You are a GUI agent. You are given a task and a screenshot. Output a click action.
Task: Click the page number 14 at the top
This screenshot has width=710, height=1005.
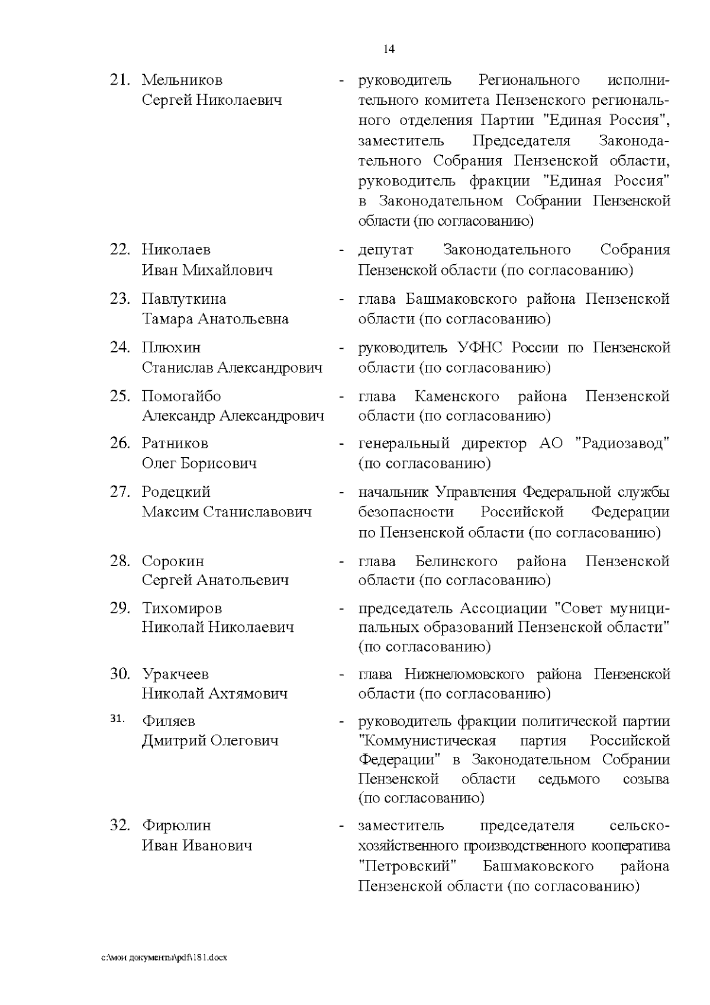coord(389,49)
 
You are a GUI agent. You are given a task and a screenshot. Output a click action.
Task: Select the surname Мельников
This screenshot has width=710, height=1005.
coord(182,80)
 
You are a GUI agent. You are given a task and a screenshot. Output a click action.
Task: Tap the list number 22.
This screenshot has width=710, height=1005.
coord(120,250)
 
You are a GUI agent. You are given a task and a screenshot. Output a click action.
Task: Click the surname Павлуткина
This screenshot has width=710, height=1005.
coord(183,299)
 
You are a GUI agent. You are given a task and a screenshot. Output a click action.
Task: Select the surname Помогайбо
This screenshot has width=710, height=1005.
coord(181,396)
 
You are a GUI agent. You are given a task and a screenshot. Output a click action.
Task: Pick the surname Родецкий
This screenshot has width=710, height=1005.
coord(176,492)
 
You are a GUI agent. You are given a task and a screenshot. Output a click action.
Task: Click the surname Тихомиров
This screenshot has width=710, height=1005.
coord(182,608)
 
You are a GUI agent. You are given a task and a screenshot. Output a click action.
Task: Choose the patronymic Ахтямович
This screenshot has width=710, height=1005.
coord(248,693)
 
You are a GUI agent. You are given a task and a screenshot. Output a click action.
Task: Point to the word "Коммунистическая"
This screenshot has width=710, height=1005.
coord(427,741)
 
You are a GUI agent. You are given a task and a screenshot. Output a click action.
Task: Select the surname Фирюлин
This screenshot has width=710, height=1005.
coord(176,826)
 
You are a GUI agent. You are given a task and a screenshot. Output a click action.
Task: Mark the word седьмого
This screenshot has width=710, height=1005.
coord(569,779)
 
